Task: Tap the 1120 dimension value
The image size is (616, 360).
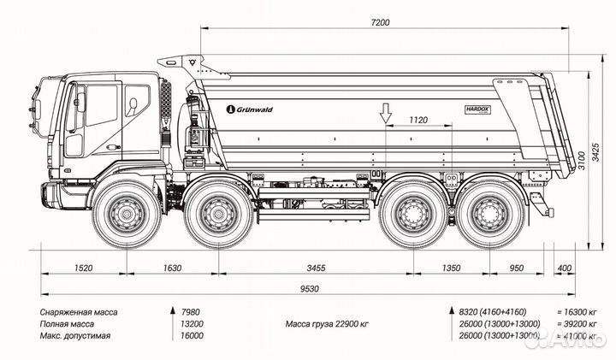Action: [418, 121]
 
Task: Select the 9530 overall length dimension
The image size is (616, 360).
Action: [310, 289]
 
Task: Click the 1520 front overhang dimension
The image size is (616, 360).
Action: [82, 268]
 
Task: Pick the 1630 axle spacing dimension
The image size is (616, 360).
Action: [171, 268]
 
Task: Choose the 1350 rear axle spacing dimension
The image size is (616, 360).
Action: [451, 268]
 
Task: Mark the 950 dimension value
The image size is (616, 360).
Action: [516, 268]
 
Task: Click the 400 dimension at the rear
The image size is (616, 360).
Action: [564, 268]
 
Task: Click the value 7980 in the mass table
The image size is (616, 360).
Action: [193, 312]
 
